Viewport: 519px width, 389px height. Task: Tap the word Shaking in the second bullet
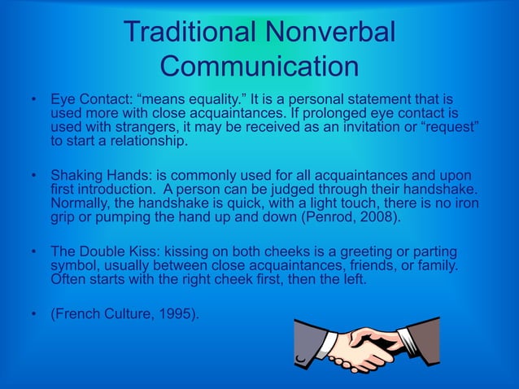(75, 175)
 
